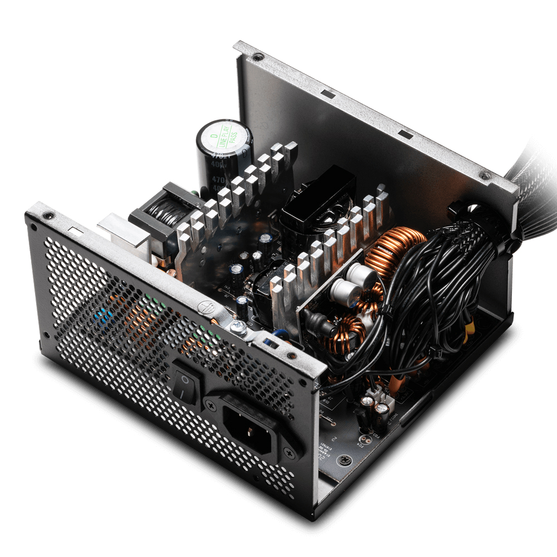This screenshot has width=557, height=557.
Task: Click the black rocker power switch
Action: [184, 382]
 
